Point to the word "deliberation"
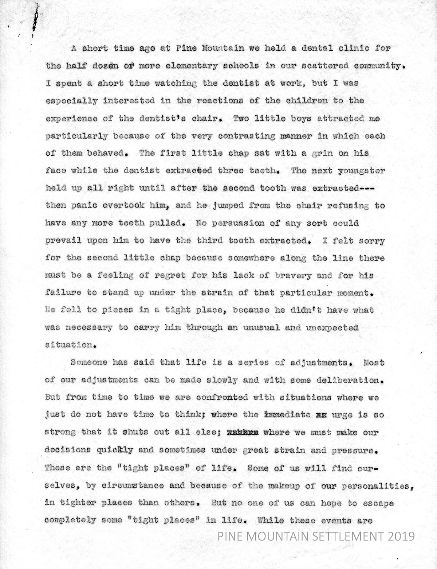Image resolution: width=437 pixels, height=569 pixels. click(x=349, y=380)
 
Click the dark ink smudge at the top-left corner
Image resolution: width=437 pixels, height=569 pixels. click(x=35, y=20)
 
